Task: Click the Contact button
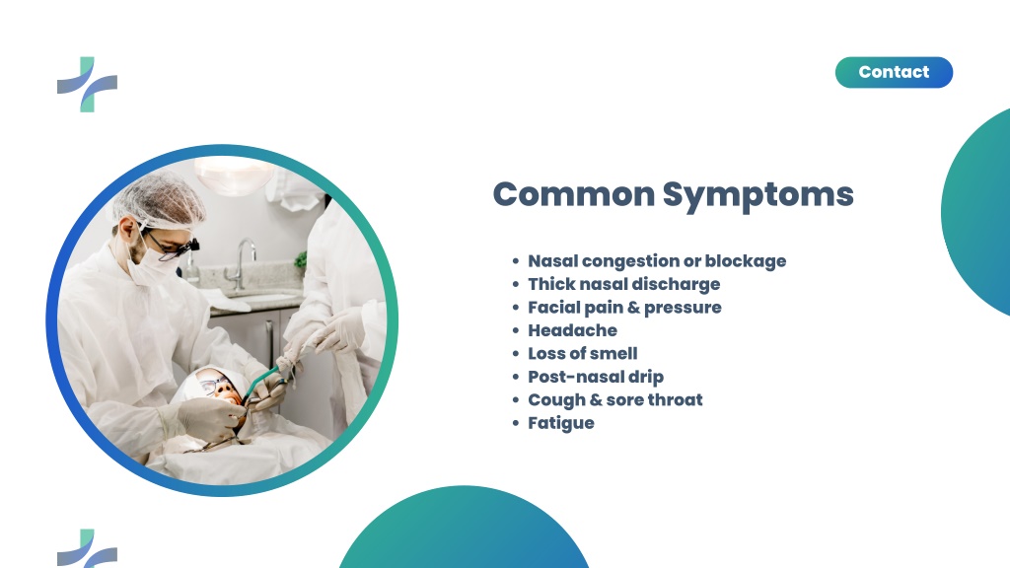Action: coord(894,72)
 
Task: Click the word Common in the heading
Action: coord(574,194)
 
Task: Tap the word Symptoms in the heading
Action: coord(758,195)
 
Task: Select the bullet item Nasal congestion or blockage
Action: coord(657,260)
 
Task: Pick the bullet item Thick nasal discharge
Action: coord(624,284)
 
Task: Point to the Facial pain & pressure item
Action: coord(624,308)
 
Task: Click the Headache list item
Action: coord(573,330)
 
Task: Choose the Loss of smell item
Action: coord(583,354)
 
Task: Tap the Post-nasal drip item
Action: coord(596,377)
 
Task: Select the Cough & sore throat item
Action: coord(615,400)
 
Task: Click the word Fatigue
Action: coord(561,423)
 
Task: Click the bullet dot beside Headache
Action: coord(515,330)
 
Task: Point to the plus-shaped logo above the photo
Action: coord(88,85)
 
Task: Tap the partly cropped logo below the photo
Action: coord(88,548)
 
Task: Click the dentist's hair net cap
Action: coord(159,199)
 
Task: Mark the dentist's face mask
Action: coord(151,265)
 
